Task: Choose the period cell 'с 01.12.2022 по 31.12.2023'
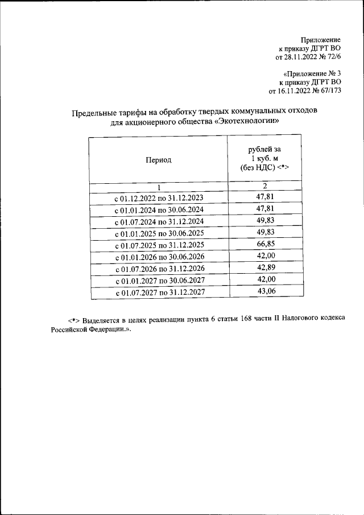[x=159, y=198]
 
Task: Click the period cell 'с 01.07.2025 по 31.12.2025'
[x=159, y=245]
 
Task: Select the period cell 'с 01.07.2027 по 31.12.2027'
[x=159, y=292]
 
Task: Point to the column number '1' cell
[x=159, y=187]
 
